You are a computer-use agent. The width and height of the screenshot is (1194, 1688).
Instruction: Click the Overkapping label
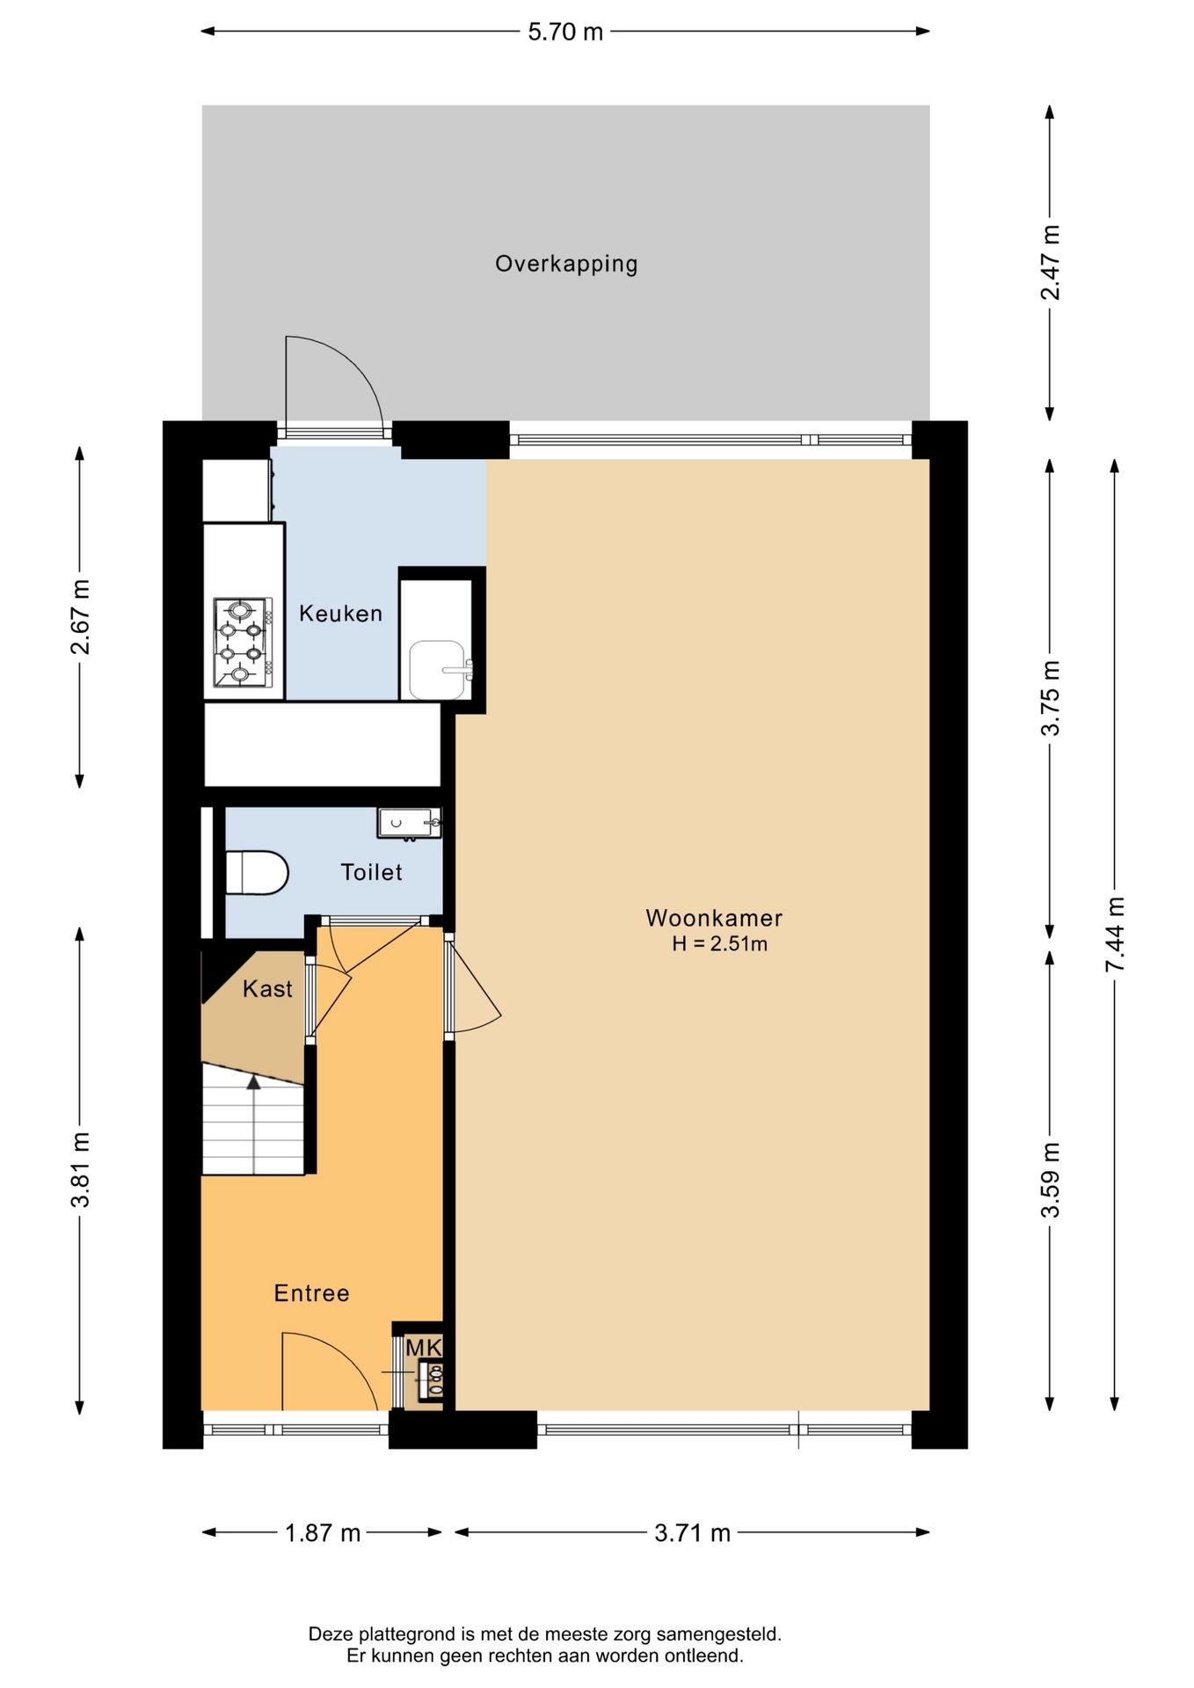click(566, 264)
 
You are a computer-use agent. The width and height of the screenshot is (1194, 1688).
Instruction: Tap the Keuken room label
click(340, 614)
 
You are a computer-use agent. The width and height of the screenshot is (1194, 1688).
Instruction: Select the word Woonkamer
click(714, 918)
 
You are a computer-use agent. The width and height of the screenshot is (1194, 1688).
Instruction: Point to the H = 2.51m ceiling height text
click(719, 944)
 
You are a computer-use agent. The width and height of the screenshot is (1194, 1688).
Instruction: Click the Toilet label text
click(371, 872)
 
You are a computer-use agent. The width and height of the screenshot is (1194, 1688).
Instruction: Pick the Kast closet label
click(267, 989)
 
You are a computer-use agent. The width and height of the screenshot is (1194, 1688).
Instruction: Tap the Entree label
click(311, 1293)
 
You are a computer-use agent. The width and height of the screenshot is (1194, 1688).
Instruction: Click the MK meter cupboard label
click(423, 1347)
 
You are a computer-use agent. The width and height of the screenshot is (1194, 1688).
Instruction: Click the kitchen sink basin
click(437, 670)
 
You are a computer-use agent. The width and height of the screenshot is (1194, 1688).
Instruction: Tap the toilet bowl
click(257, 873)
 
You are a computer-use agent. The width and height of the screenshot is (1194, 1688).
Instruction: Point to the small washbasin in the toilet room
click(410, 824)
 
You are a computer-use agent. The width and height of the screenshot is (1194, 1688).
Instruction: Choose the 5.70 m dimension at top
click(565, 32)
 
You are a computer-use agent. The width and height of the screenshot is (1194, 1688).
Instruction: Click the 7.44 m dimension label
click(1115, 935)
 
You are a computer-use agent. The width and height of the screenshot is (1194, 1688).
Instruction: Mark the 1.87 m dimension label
click(323, 1533)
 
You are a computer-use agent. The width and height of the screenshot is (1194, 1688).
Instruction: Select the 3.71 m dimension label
click(693, 1533)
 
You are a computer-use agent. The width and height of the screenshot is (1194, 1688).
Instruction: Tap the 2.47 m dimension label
click(1050, 263)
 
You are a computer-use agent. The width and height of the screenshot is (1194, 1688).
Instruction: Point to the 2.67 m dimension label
click(80, 617)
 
